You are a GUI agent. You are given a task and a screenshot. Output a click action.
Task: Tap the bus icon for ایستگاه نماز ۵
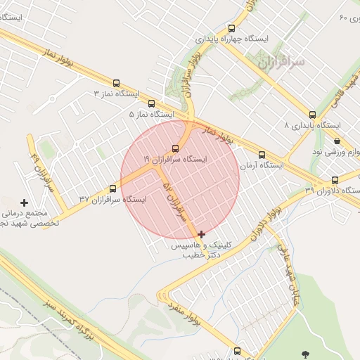tap(150, 103)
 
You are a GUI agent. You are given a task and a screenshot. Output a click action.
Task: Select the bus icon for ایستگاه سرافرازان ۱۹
tap(175, 148)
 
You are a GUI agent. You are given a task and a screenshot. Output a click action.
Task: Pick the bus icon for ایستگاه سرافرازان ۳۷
tap(112, 188)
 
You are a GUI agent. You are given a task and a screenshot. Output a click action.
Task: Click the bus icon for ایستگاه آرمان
tap(262, 155)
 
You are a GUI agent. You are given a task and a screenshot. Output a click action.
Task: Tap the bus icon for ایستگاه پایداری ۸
tap(312, 115)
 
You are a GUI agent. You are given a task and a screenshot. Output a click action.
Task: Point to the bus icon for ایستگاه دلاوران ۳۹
tap(335, 180)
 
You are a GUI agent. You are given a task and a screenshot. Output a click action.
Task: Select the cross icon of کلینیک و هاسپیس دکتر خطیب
tap(202, 234)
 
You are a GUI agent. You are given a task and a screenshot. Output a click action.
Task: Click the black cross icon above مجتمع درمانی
tap(25, 202)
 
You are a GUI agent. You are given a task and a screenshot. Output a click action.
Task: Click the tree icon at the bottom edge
tap(304, 354)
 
